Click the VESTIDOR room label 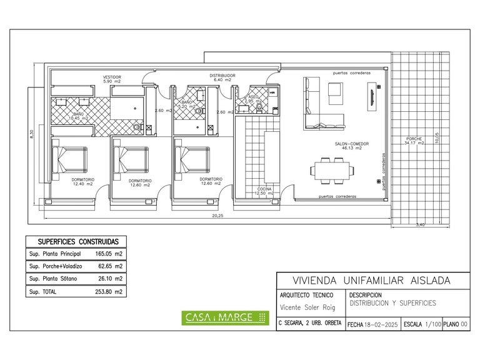coord(112,79)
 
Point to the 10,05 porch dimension coord(437,136)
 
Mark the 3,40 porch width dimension coord(420,225)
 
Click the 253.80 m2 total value coord(111,291)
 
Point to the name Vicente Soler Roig coord(307,307)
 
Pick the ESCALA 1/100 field coord(422,325)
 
